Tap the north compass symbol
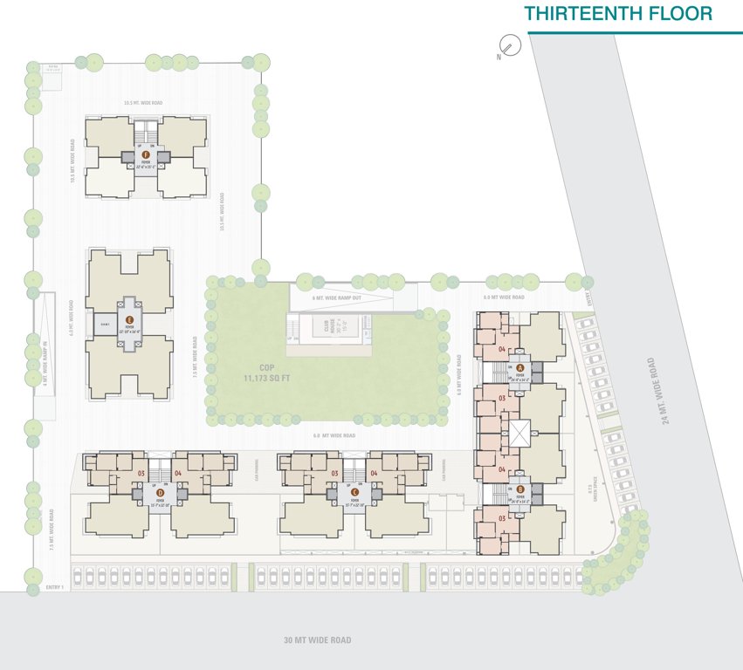[509, 45]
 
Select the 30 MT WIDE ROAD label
[317, 640]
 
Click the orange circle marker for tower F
[146, 155]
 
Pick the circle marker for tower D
[136, 493]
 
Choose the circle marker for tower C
[332, 493]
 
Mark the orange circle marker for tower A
[520, 368]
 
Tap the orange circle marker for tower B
[520, 490]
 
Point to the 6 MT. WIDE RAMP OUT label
[337, 298]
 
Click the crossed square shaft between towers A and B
[521, 431]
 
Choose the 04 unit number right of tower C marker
[374, 473]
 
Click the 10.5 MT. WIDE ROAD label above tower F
[142, 103]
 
